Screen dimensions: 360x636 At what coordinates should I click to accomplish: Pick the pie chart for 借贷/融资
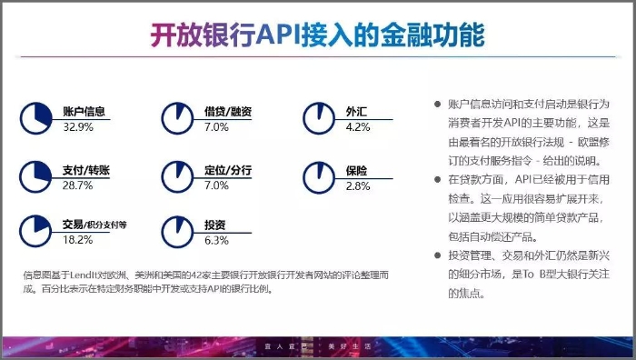click(177, 116)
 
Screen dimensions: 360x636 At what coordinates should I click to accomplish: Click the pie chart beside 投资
click(177, 229)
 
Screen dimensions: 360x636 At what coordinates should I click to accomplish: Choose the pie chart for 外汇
click(318, 116)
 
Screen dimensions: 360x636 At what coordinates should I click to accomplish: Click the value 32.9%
click(78, 127)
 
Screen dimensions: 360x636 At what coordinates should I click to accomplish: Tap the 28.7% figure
click(78, 185)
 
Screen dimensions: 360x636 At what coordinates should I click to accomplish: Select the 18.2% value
click(78, 240)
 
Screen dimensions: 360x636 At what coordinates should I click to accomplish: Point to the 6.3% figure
click(216, 240)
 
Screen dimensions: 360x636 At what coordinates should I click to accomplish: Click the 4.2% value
click(358, 127)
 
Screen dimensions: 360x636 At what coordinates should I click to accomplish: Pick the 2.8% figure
click(358, 185)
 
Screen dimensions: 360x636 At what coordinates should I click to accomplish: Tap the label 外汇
click(355, 111)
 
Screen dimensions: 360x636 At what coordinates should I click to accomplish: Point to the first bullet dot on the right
click(437, 105)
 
